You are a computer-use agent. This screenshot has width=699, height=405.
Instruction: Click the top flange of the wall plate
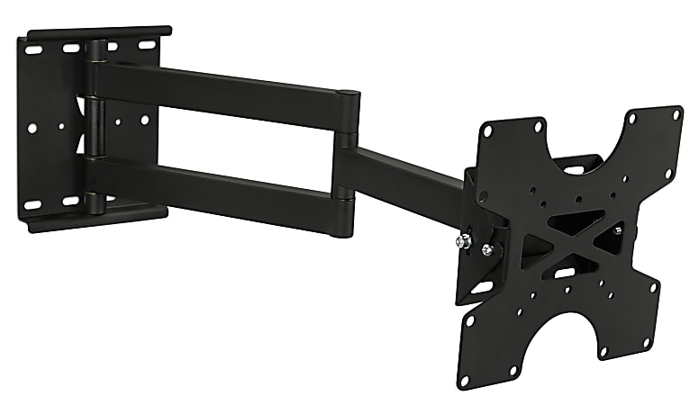(x=99, y=33)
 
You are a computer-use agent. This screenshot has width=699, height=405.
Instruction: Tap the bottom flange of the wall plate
(x=99, y=217)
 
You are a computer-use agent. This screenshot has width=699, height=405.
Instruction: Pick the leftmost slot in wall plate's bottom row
(x=34, y=203)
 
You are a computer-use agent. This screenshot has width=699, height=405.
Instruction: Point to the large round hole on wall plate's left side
(x=32, y=128)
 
